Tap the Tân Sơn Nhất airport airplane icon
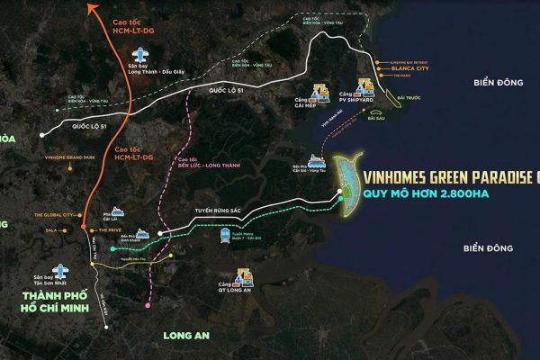click(60, 271)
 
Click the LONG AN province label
click(185, 337)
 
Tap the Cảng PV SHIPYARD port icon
click(366, 86)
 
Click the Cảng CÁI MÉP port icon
click(319, 90)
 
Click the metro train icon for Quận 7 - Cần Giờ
click(223, 236)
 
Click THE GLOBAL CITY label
click(54, 215)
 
